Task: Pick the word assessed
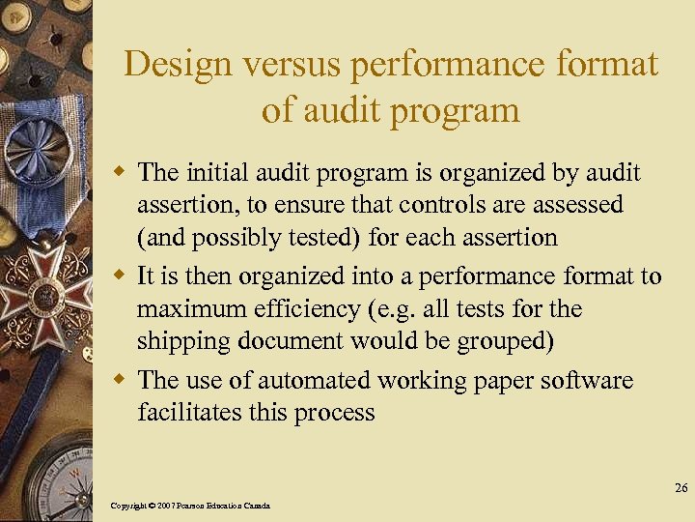[570, 205]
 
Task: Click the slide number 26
[681, 489]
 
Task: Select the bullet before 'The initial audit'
[120, 173]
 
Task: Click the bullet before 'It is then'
[120, 277]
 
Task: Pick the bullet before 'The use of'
[120, 381]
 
